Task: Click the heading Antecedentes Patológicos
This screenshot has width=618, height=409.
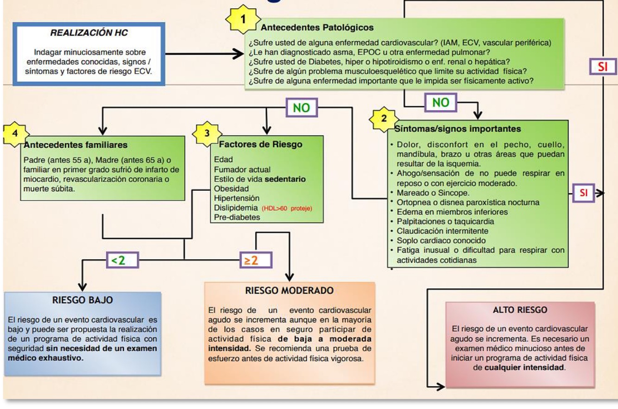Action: click(317, 28)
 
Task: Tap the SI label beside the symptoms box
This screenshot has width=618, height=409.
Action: click(583, 193)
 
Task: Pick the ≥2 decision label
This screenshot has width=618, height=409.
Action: click(256, 260)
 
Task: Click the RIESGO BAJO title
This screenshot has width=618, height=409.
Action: click(83, 300)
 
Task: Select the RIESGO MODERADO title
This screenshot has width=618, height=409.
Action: click(289, 290)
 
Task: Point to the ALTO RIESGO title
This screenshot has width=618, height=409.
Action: click(520, 310)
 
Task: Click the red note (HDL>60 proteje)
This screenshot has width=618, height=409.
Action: click(287, 208)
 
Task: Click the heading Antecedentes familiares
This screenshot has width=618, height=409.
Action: click(76, 145)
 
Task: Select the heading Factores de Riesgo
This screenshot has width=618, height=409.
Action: click(260, 144)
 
